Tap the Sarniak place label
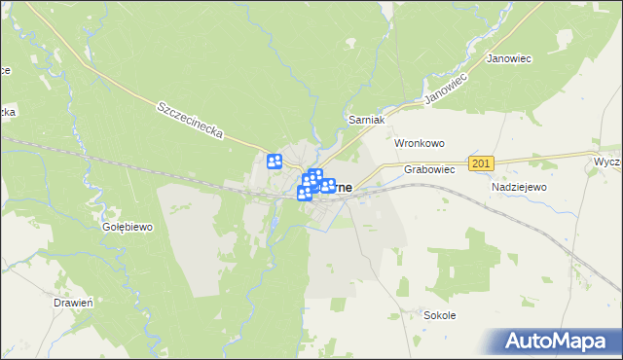pyautogui.click(x=368, y=119)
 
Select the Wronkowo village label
pyautogui.click(x=419, y=142)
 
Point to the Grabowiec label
pyautogui.click(x=429, y=169)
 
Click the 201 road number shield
pyautogui.click(x=481, y=164)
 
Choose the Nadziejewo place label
pyautogui.click(x=519, y=186)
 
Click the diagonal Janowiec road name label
pyautogui.click(x=447, y=88)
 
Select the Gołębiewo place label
pyautogui.click(x=128, y=227)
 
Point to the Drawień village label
pyautogui.click(x=72, y=303)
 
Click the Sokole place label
pyautogui.click(x=440, y=315)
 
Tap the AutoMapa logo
pyautogui.click(x=558, y=341)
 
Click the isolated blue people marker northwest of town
pyautogui.click(x=275, y=162)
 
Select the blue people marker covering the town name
pyautogui.click(x=329, y=186)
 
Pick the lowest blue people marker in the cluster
pyautogui.click(x=304, y=194)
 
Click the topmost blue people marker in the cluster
pyautogui.click(x=315, y=175)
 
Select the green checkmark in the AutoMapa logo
pyautogui.click(x=516, y=340)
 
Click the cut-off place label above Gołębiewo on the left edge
pyautogui.click(x=8, y=113)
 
